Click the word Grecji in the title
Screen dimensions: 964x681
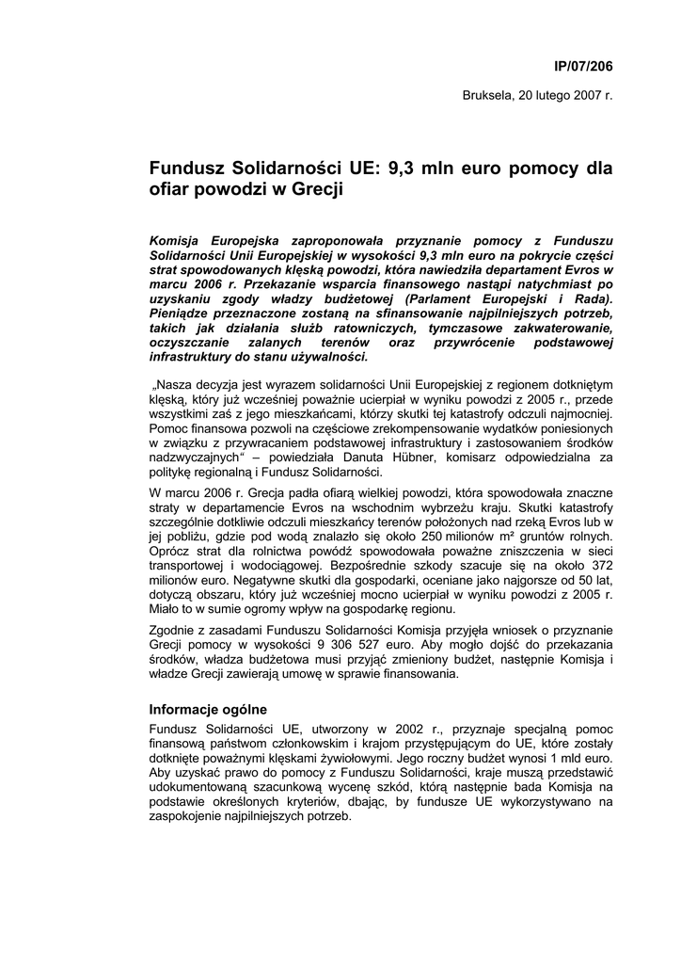[313, 191]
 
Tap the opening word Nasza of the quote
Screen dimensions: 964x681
[175, 384]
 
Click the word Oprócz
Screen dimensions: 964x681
[171, 550]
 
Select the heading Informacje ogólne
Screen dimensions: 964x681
[209, 708]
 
